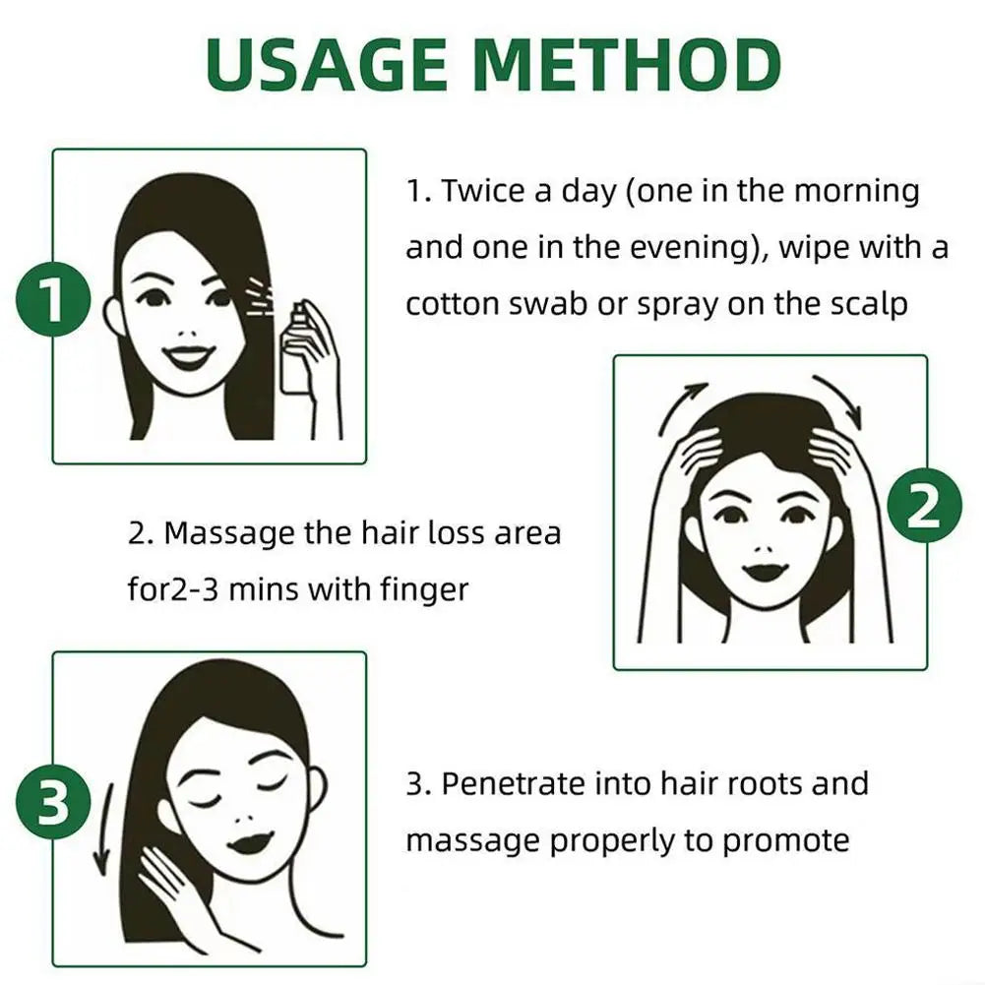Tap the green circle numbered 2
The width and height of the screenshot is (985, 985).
[924, 509]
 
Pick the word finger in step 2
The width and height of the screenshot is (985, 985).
[418, 589]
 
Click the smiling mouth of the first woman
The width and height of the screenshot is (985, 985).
[183, 353]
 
